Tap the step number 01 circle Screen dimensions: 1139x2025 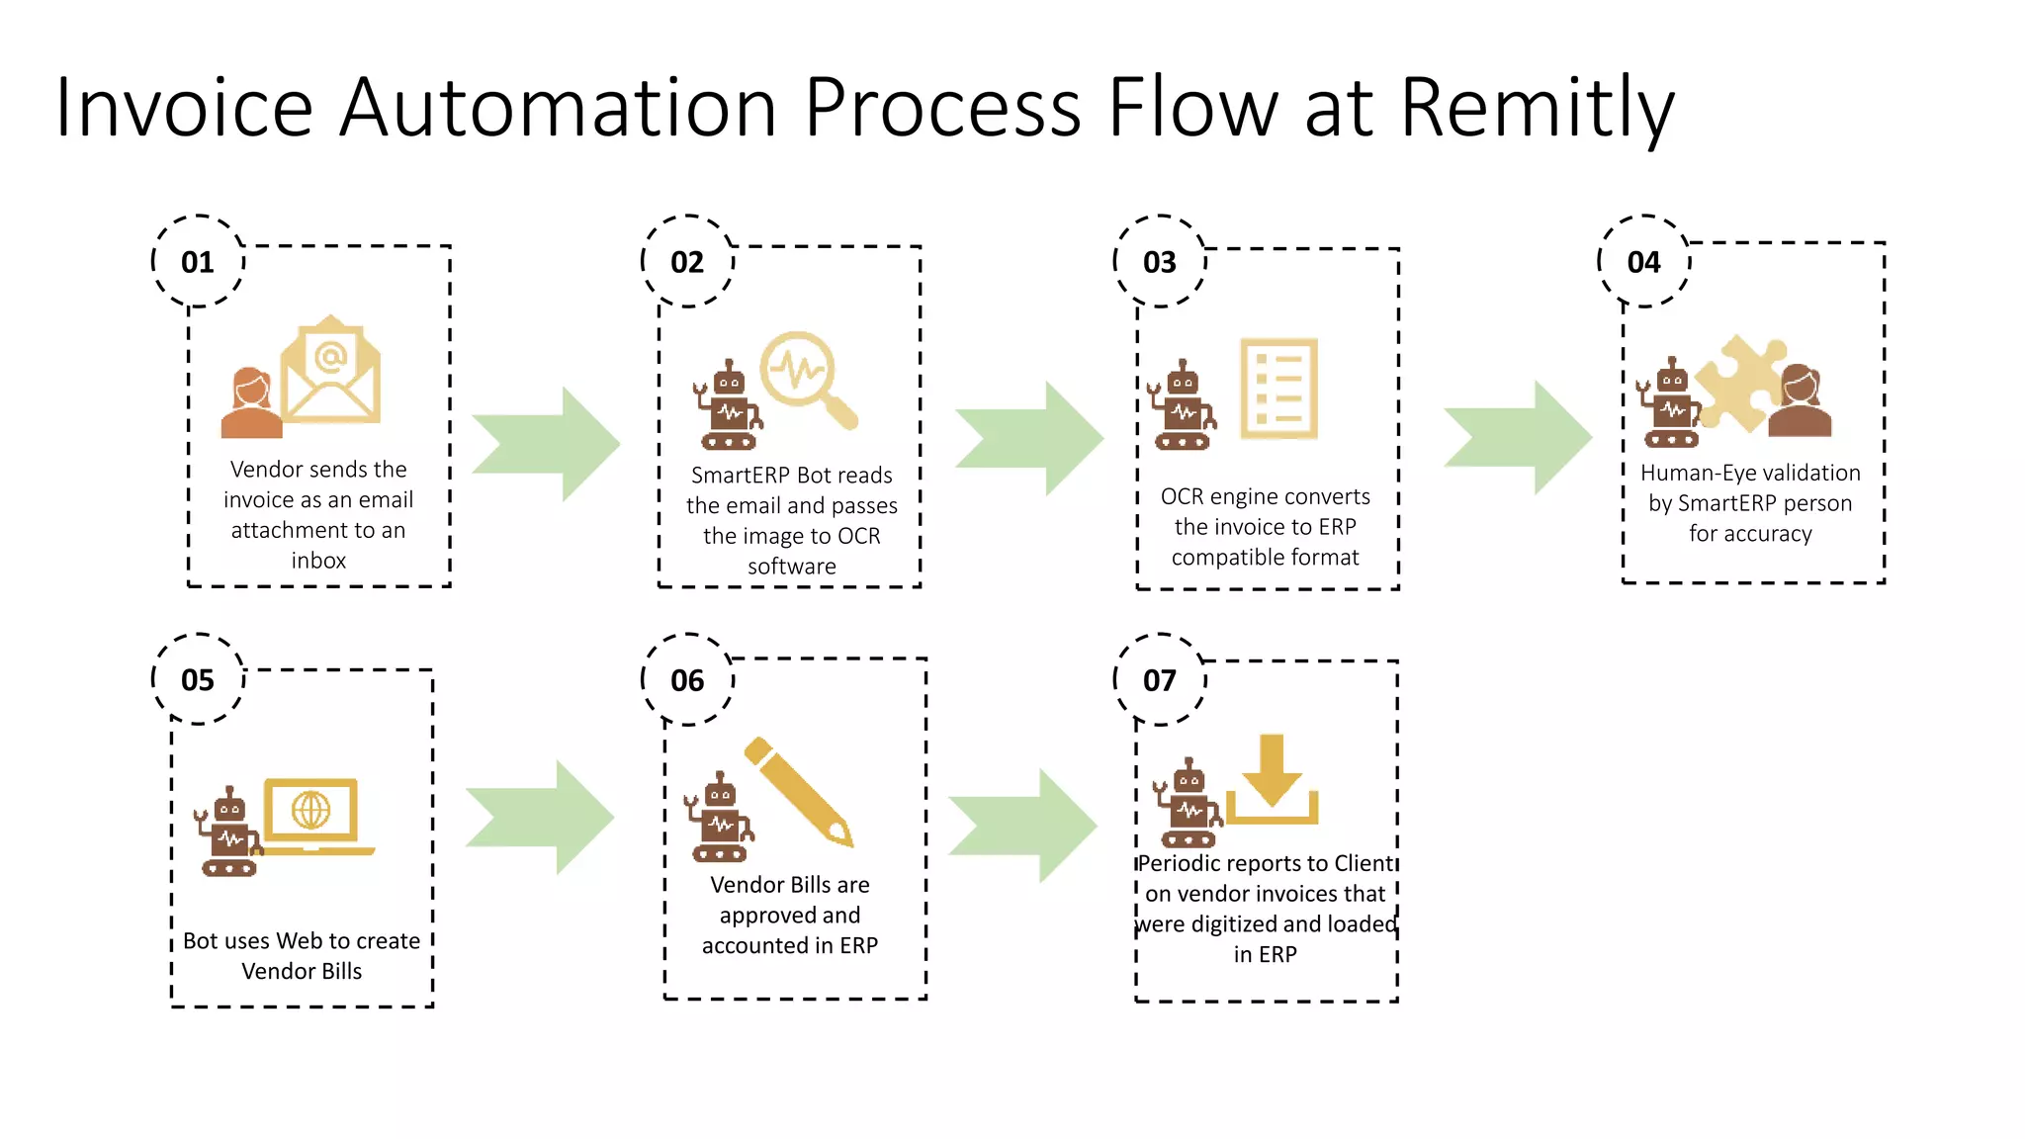[x=198, y=262]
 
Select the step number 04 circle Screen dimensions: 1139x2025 [x=1643, y=262]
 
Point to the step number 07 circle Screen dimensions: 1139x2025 [x=1159, y=680]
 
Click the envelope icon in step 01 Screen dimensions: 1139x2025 [x=330, y=372]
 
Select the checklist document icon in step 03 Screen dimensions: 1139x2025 [x=1279, y=389]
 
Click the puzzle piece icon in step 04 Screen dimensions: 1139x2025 [x=1739, y=385]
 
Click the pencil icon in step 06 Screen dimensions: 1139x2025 [x=799, y=791]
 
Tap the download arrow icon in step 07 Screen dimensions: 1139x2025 [x=1272, y=780]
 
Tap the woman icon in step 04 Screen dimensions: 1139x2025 [x=1800, y=401]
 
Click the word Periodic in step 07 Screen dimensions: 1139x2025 [x=1179, y=864]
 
